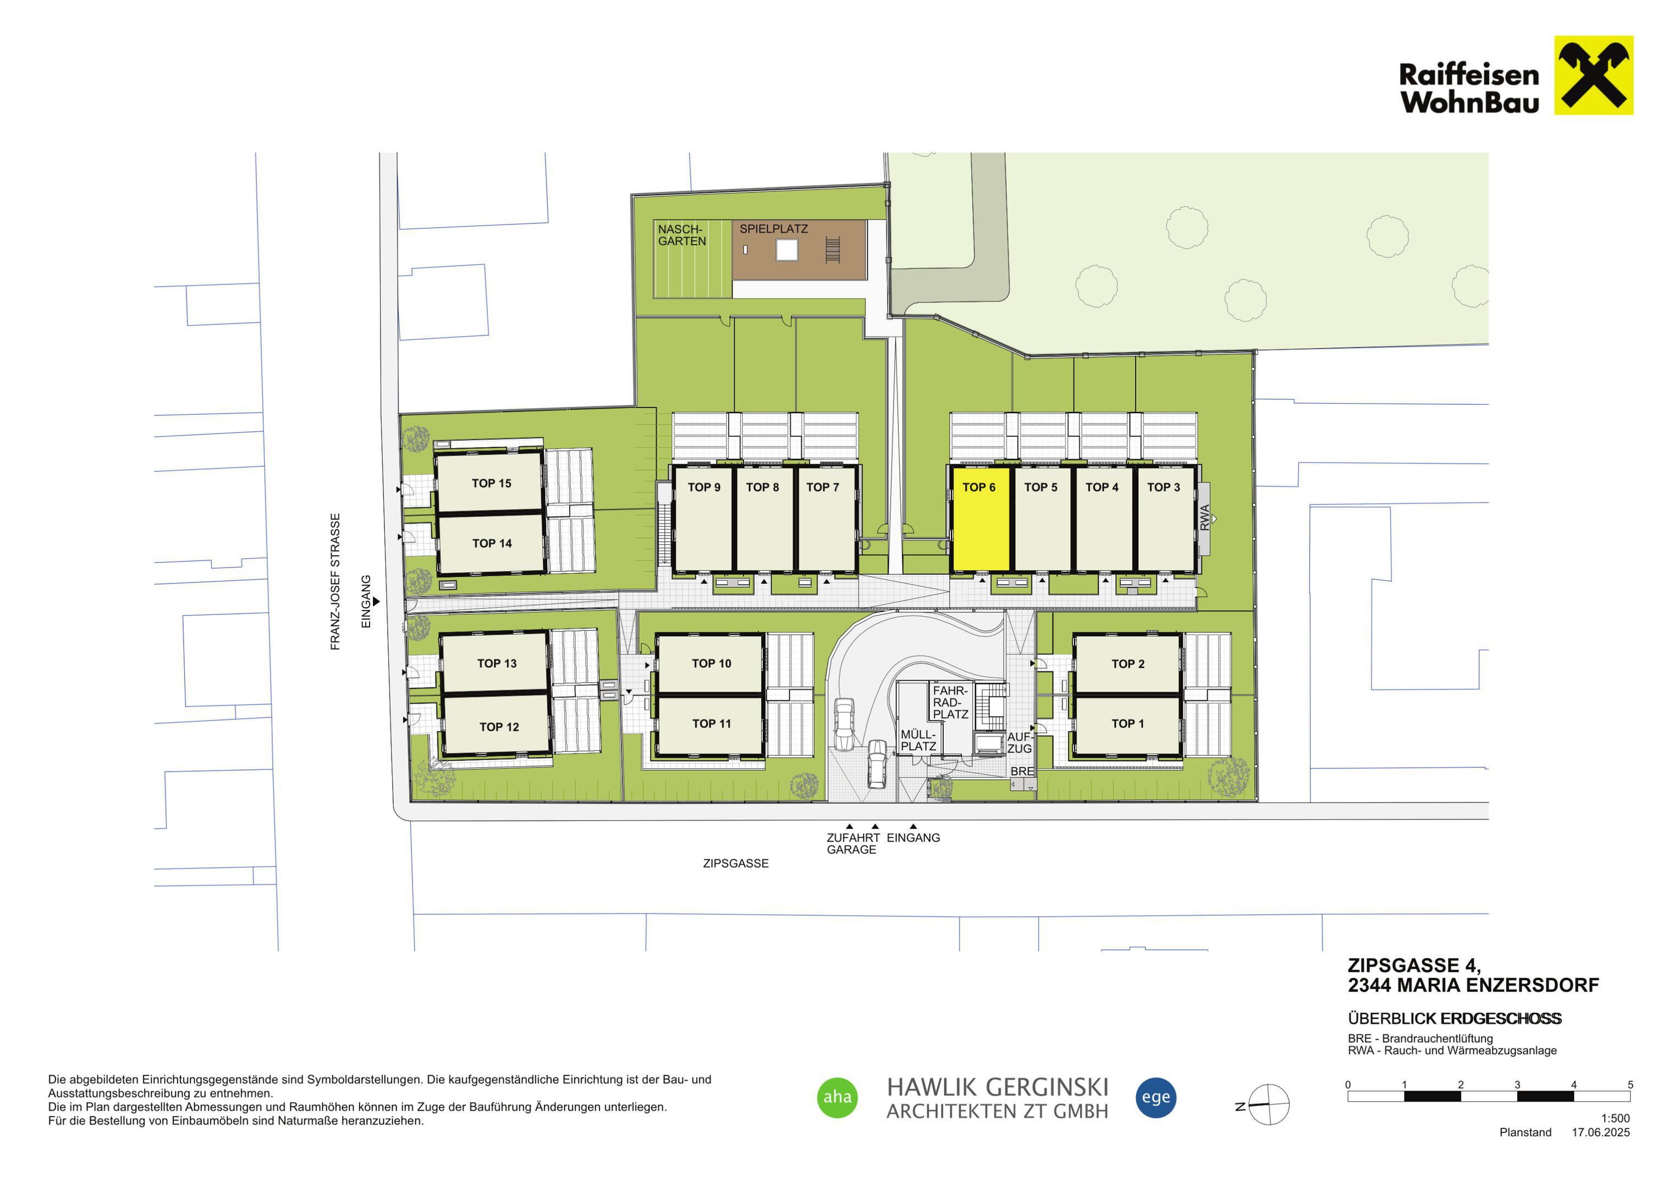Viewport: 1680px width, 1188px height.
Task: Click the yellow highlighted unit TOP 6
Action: (980, 520)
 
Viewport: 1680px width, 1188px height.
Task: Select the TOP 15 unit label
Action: (491, 483)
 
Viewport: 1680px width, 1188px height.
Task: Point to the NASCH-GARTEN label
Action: (682, 235)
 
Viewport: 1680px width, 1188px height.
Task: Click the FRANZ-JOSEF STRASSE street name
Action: (335, 581)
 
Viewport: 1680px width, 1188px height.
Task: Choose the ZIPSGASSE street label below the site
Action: (735, 864)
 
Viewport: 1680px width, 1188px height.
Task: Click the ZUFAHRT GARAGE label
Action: (853, 843)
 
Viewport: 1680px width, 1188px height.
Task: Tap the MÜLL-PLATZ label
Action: (918, 740)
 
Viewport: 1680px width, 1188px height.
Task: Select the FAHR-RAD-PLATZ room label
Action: (950, 702)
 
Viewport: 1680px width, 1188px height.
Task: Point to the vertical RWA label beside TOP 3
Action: (1204, 518)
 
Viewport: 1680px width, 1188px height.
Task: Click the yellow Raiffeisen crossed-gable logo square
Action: (1594, 75)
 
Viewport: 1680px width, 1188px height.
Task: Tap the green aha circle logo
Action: (837, 1097)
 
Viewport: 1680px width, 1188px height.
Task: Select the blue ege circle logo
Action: (1156, 1097)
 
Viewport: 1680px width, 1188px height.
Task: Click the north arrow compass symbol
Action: (1268, 1104)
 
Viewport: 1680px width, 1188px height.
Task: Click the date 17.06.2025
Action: (1601, 1132)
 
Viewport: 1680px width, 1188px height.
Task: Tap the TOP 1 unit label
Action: (1127, 723)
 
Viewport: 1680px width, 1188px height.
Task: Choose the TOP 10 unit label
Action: (711, 663)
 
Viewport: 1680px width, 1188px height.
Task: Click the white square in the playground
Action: (786, 250)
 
